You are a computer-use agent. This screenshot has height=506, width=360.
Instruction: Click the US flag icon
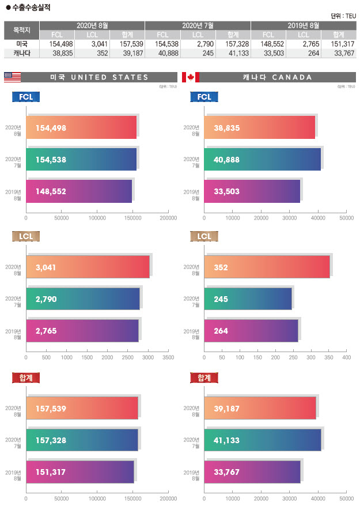click(12, 77)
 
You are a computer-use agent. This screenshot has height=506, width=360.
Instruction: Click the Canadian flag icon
click(190, 77)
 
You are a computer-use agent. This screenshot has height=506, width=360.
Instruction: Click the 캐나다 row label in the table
click(22, 52)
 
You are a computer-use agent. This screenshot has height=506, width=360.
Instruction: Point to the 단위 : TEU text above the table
click(343, 16)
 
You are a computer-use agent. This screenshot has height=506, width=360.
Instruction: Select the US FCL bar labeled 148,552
click(79, 191)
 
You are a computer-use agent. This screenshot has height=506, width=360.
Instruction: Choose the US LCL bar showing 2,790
click(83, 299)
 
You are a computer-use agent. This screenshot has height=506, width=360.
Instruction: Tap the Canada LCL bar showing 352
click(267, 267)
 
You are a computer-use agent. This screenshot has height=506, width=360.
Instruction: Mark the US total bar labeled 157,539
click(82, 408)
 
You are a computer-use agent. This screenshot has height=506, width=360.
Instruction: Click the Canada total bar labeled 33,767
click(252, 472)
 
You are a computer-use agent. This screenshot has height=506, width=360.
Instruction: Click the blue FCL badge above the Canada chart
click(204, 97)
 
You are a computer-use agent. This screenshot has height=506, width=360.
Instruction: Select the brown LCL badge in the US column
click(26, 236)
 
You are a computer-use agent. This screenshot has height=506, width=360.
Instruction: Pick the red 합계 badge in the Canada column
click(204, 377)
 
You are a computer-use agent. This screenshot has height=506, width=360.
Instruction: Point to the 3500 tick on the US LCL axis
click(168, 358)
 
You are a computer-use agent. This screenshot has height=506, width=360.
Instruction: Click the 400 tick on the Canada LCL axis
click(346, 358)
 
